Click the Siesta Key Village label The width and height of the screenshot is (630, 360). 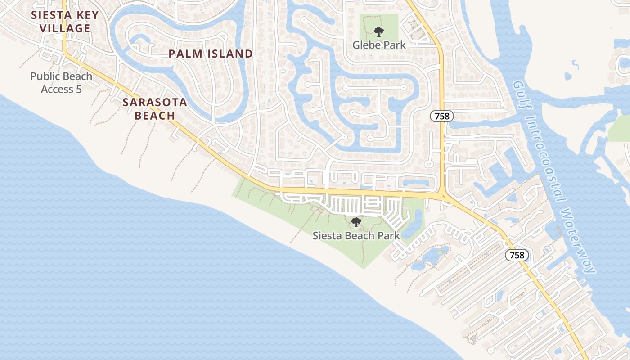(65, 22)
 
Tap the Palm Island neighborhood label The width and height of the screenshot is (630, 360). (211, 54)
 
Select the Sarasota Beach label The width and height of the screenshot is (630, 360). (155, 108)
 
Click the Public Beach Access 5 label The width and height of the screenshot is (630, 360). (61, 83)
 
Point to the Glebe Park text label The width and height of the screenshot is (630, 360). (379, 45)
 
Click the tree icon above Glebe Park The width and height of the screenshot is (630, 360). (379, 32)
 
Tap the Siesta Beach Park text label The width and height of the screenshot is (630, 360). (356, 235)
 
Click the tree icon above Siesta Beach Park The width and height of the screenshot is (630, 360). (356, 222)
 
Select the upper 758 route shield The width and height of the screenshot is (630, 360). (442, 116)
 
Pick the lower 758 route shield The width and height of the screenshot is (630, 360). (517, 255)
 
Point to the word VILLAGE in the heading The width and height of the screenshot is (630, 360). (65, 28)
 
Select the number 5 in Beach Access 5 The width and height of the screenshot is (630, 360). (79, 89)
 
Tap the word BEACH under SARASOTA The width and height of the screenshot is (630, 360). (155, 116)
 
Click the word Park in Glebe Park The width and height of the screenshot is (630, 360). (395, 45)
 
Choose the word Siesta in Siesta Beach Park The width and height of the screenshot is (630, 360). (326, 235)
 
